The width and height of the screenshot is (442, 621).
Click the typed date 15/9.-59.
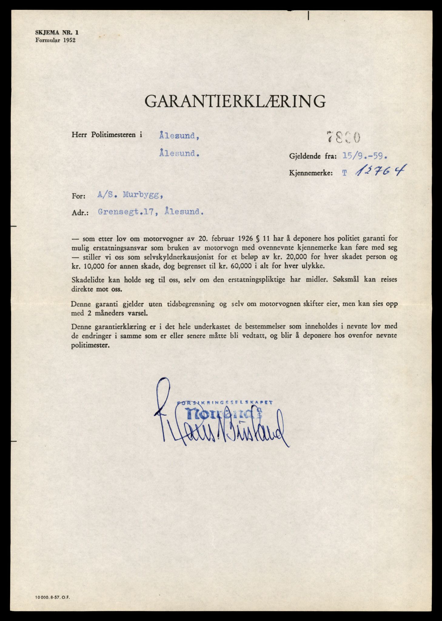click(365, 156)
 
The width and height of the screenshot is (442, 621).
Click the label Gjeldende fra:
click(313, 157)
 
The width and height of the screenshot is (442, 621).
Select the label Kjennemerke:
click(311, 173)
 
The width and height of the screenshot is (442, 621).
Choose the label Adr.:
click(80, 213)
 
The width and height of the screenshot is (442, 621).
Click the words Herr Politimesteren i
click(107, 135)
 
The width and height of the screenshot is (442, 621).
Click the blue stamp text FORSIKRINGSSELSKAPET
click(225, 402)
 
